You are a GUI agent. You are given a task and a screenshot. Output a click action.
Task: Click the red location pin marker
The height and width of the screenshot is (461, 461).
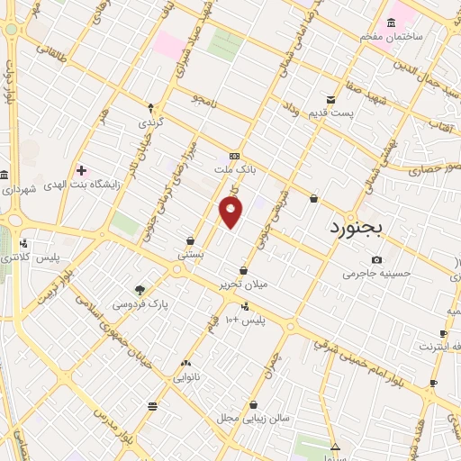[x=231, y=212]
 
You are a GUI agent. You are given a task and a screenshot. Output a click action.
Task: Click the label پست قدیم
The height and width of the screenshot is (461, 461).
[x=353, y=113]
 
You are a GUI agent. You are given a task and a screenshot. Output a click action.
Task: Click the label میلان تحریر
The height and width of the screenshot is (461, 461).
[x=243, y=285]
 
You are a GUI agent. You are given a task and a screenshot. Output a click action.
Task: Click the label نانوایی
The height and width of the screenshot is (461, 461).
[x=186, y=376]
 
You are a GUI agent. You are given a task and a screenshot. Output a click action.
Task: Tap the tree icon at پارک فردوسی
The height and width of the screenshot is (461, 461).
[x=140, y=290]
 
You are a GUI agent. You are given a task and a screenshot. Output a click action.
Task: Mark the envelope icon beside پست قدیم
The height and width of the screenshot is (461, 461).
[x=331, y=99]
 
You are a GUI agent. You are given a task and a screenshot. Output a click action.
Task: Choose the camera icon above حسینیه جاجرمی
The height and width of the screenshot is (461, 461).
[x=376, y=260]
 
